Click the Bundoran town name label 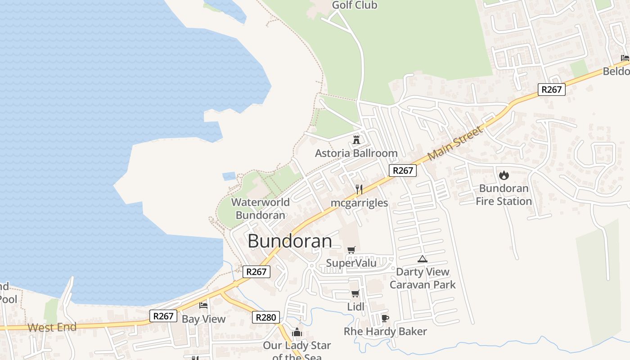tap(290, 241)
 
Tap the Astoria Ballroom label tap(356, 153)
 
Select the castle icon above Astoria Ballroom tap(356, 140)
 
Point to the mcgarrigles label tap(359, 203)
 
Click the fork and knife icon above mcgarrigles tap(359, 189)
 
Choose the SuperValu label tap(351, 263)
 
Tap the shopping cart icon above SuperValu tap(351, 250)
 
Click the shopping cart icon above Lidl tap(355, 294)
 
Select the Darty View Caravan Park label tap(423, 278)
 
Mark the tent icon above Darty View tap(422, 259)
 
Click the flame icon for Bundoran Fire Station tap(504, 175)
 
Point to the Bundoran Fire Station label tap(504, 195)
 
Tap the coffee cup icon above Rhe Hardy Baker tap(385, 318)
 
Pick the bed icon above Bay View tap(203, 306)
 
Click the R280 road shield tap(265, 317)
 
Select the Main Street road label tap(455, 143)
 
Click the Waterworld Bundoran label tap(261, 208)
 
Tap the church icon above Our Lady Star tap(297, 333)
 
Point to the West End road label tap(52, 327)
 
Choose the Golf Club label tap(355, 5)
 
